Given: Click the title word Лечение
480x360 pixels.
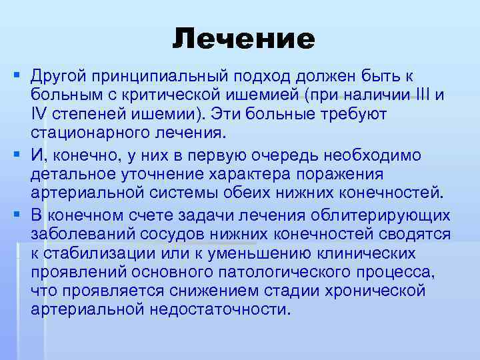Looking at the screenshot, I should click(243, 39).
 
